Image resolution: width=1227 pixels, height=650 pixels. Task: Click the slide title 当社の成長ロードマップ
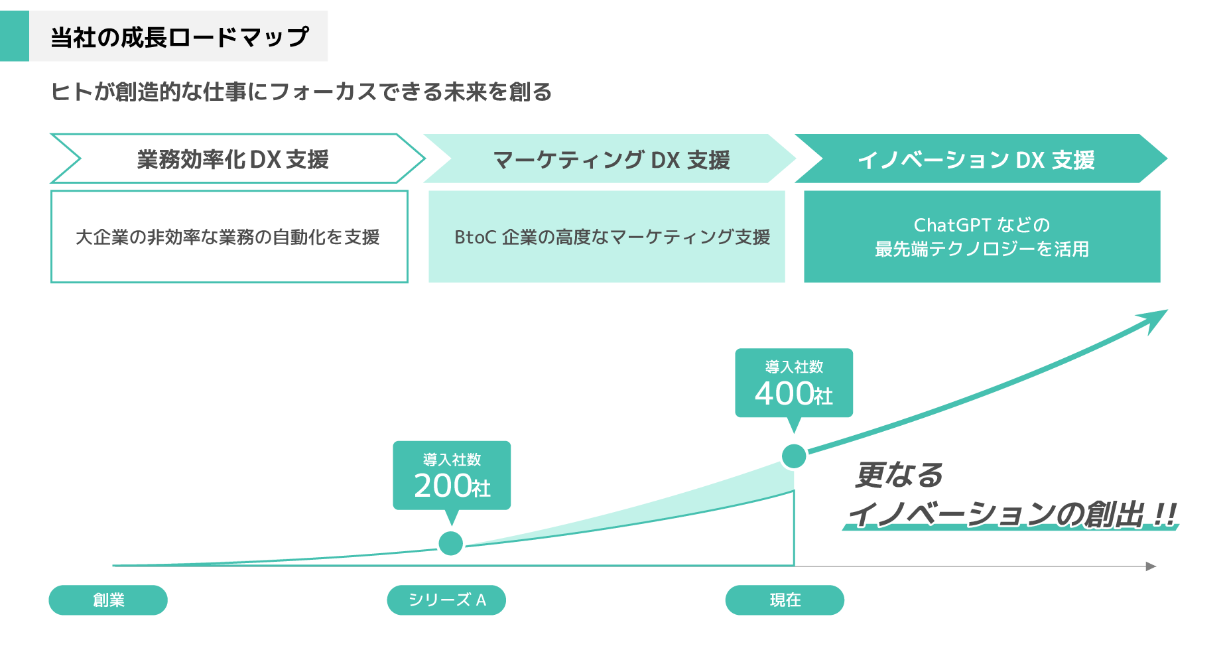tap(179, 37)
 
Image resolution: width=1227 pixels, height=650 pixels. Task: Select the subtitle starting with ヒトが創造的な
tap(301, 92)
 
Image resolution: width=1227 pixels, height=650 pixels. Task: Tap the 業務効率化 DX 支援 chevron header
tap(233, 159)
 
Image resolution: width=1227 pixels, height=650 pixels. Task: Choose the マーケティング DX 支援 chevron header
tap(611, 160)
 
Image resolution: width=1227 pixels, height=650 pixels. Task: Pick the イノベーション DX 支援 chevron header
tap(976, 160)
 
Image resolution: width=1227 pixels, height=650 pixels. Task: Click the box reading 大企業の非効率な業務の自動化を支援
tap(228, 237)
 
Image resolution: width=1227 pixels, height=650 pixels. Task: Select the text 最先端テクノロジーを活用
tap(982, 249)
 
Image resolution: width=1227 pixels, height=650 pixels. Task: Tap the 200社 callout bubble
tap(452, 475)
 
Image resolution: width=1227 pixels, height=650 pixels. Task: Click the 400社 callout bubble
tap(793, 383)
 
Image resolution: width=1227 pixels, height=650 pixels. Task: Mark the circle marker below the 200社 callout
tap(451, 543)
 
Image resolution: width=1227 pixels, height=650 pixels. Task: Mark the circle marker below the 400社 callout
tap(794, 456)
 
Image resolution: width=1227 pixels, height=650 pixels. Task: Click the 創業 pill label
tap(108, 600)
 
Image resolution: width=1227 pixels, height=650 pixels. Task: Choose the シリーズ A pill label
tap(446, 600)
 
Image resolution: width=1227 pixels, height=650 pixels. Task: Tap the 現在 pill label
tap(785, 600)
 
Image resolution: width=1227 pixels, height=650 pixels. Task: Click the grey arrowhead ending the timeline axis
tap(1151, 566)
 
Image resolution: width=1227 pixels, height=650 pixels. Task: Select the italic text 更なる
tap(899, 475)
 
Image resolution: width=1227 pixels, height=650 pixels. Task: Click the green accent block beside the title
tap(15, 36)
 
